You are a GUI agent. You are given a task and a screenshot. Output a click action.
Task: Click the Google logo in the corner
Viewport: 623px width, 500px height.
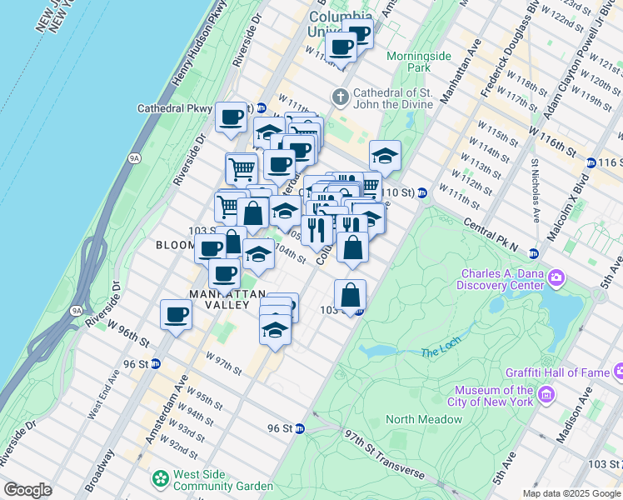coord(27,490)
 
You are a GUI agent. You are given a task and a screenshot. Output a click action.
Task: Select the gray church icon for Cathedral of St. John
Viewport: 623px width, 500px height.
coord(340,97)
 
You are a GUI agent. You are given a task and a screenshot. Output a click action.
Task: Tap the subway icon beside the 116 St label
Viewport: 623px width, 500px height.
coord(591,162)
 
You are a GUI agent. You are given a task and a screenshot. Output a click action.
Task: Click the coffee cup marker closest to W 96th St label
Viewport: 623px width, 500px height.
coord(176,314)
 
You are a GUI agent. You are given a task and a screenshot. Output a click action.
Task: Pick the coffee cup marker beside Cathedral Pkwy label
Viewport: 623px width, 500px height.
coord(231,116)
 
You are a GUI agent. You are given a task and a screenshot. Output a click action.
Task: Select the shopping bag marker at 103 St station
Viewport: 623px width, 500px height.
coord(350,294)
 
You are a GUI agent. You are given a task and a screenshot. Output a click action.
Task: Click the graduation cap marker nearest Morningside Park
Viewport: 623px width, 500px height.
coord(385,155)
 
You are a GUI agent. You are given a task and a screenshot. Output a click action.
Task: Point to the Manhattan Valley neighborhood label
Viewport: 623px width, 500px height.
coord(219,299)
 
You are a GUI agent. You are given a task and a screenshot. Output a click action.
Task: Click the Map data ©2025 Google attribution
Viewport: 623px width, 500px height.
coord(571,493)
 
